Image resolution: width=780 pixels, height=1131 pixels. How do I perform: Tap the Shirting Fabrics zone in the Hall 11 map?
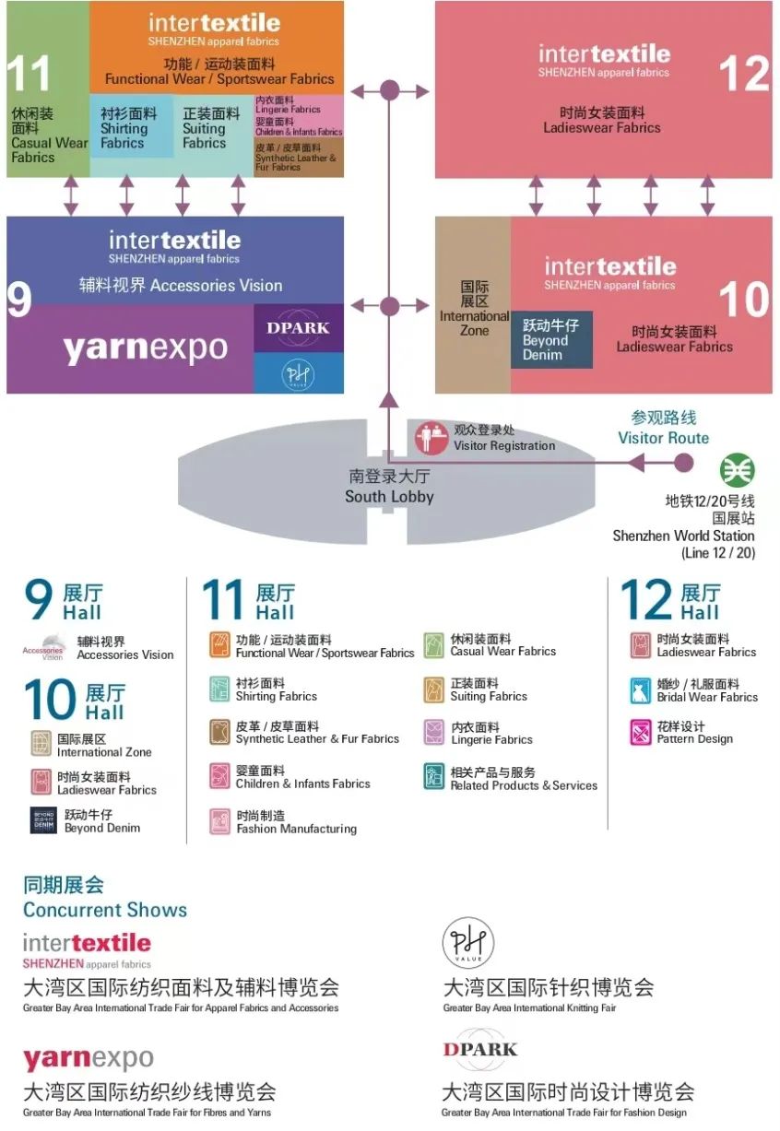pyautogui.click(x=129, y=127)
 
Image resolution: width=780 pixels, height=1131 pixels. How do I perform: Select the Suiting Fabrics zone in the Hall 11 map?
pyautogui.click(x=211, y=127)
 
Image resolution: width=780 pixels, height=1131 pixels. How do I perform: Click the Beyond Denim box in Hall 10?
pyautogui.click(x=551, y=340)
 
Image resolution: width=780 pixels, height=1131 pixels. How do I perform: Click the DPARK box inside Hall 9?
pyautogui.click(x=298, y=328)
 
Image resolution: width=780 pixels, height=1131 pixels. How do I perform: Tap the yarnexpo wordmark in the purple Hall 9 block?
pyautogui.click(x=146, y=348)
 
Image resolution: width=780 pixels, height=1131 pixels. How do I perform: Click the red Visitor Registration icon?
pyautogui.click(x=431, y=437)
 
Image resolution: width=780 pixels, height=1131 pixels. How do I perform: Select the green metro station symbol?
pyautogui.click(x=737, y=471)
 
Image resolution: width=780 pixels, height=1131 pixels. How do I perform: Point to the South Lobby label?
pyautogui.click(x=390, y=487)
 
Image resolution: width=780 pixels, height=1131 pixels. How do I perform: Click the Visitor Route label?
pyautogui.click(x=664, y=428)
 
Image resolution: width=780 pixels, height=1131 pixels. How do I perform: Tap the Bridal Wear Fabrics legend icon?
pyautogui.click(x=641, y=690)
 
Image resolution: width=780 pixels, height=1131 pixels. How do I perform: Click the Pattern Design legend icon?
pyautogui.click(x=641, y=733)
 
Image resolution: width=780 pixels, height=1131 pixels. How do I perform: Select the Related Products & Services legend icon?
pyautogui.click(x=434, y=777)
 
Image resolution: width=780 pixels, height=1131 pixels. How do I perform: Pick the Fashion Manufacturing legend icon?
pyautogui.click(x=219, y=821)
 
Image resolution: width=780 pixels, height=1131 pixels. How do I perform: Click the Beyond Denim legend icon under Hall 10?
pyautogui.click(x=43, y=820)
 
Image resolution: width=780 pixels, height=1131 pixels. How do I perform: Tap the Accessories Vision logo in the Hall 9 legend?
pyautogui.click(x=44, y=648)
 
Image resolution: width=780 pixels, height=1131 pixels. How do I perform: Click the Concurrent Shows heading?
pyautogui.click(x=105, y=898)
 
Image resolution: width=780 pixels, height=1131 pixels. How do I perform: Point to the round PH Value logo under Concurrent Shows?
pyautogui.click(x=468, y=943)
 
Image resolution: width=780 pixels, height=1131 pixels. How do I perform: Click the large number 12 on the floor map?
pyautogui.click(x=743, y=73)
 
